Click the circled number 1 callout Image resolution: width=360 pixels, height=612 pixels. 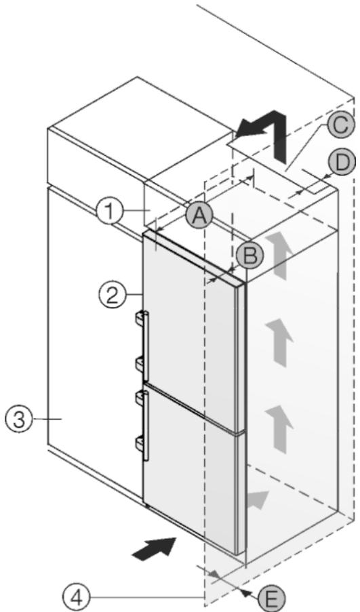coord(110,211)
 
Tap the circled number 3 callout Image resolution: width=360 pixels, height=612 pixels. coord(18,420)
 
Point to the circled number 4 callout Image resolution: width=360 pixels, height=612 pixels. coord(77,596)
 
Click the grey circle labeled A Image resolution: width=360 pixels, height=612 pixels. coord(199,215)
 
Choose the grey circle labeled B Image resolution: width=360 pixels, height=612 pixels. coord(250,256)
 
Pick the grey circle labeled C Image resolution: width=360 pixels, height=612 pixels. coord(341,125)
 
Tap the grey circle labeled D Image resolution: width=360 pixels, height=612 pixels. coord(342,163)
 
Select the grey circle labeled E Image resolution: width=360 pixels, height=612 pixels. coord(271,598)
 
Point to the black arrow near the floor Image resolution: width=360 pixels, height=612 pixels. coord(155,549)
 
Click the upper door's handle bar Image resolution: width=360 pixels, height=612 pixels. coord(146,346)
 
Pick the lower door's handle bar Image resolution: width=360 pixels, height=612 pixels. coord(146,426)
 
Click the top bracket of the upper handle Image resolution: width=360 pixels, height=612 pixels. coord(140,318)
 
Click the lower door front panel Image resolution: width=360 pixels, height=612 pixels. coord(191,468)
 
